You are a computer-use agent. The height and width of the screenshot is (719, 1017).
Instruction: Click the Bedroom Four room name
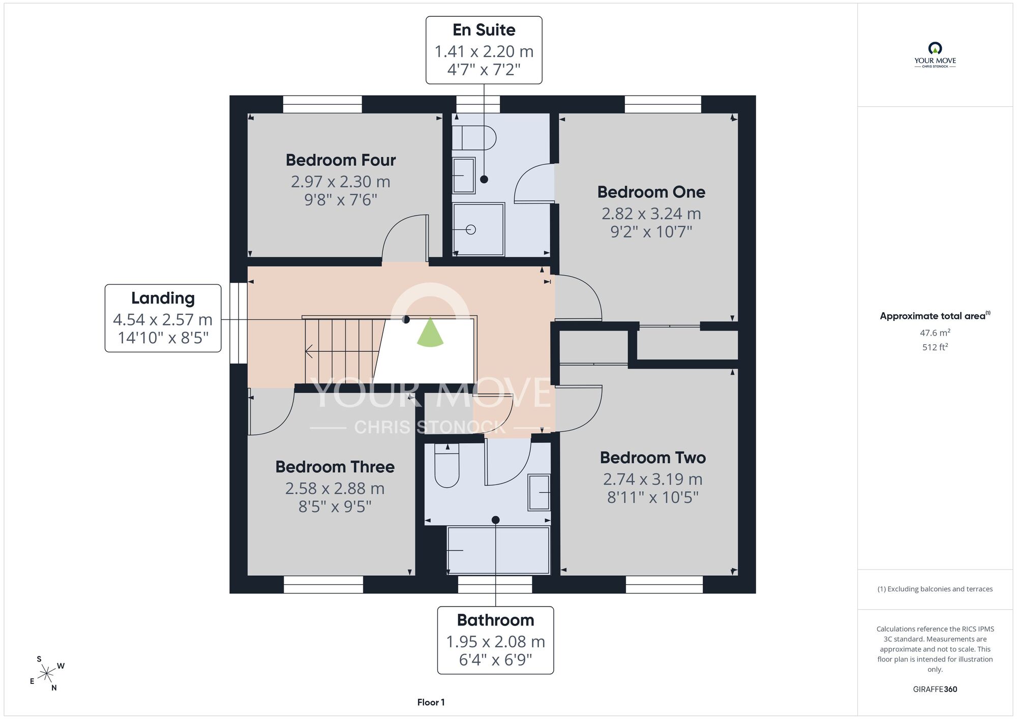pyautogui.click(x=341, y=160)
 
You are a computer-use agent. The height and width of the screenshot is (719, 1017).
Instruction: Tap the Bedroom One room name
pyautogui.click(x=651, y=192)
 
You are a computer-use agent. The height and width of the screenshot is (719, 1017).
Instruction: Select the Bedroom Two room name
pyautogui.click(x=653, y=458)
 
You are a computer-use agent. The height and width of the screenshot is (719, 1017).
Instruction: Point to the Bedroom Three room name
pyautogui.click(x=335, y=467)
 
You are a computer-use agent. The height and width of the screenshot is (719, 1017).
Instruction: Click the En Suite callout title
pyautogui.click(x=484, y=30)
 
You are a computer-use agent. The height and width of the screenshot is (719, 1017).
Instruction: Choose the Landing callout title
pyautogui.click(x=163, y=298)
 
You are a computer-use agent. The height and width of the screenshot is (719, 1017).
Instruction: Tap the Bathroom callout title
pyautogui.click(x=495, y=620)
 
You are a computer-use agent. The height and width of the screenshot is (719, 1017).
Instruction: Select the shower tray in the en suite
pyautogui.click(x=478, y=229)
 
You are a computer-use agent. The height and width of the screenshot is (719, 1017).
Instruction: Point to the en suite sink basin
pyautogui.click(x=464, y=175)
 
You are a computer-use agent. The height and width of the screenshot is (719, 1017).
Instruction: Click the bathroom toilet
pyautogui.click(x=447, y=465)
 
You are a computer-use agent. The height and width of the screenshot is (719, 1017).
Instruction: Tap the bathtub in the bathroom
pyautogui.click(x=498, y=550)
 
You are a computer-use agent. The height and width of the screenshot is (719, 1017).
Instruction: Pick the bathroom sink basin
pyautogui.click(x=539, y=492)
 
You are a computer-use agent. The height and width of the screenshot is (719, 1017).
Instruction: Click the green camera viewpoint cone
pyautogui.click(x=430, y=333)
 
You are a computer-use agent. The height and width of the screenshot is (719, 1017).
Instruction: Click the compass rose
pyautogui.click(x=47, y=674)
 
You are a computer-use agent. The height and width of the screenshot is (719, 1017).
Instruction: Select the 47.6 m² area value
pyautogui.click(x=935, y=333)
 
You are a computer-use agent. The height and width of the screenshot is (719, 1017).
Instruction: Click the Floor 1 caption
pyautogui.click(x=431, y=702)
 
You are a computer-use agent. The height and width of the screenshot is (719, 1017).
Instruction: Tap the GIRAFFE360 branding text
pyautogui.click(x=935, y=690)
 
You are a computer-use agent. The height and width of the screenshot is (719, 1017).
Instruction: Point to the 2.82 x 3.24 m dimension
pyautogui.click(x=651, y=214)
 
